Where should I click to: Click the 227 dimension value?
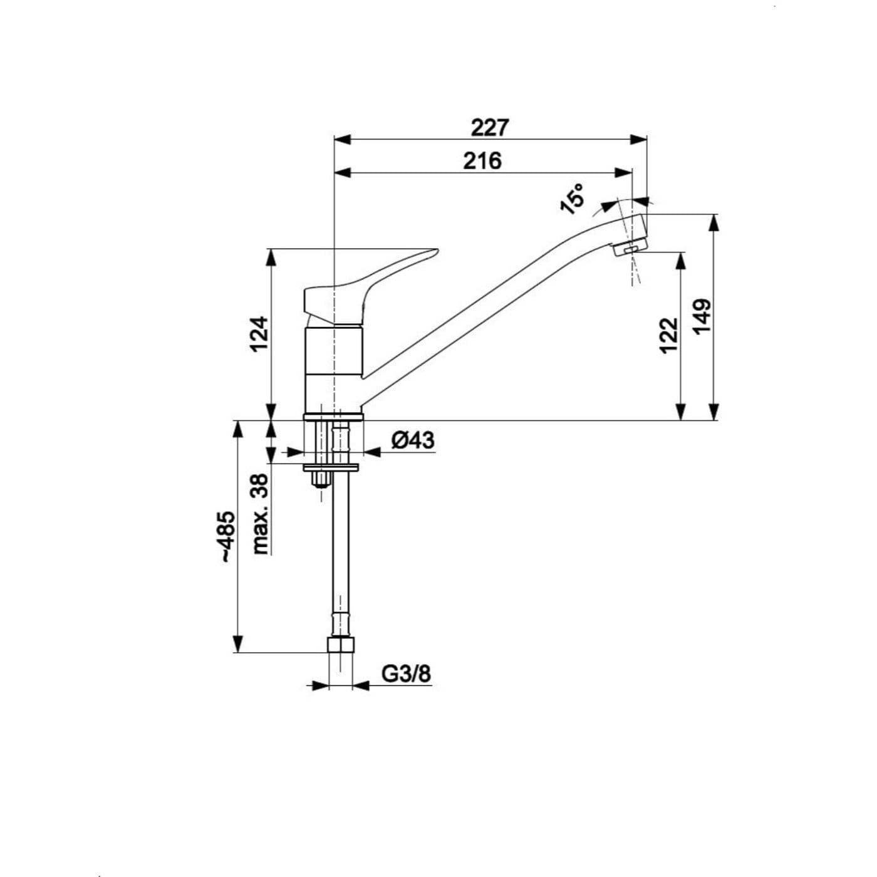(x=490, y=128)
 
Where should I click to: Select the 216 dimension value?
(x=482, y=161)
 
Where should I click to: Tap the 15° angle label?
(x=572, y=199)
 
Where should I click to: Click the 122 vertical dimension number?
(x=669, y=335)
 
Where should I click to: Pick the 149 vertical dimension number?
(x=703, y=316)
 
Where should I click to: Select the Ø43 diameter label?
(x=412, y=440)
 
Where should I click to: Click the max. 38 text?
(x=259, y=513)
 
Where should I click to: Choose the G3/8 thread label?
(x=406, y=674)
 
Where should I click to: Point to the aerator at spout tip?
(x=630, y=247)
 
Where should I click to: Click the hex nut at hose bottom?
(x=341, y=645)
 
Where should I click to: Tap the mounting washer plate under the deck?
(x=331, y=467)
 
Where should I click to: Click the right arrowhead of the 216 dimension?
(x=624, y=172)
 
